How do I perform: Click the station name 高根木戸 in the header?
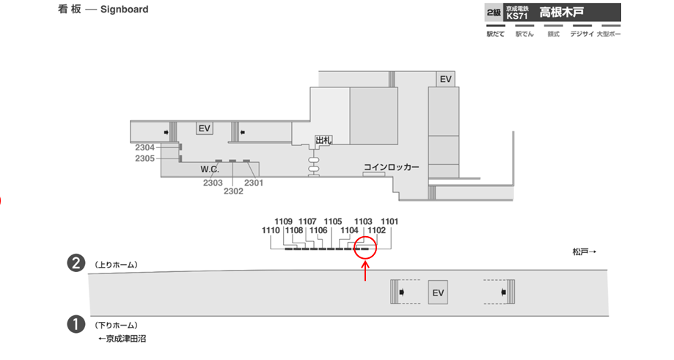(561, 12)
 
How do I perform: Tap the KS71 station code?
(517, 15)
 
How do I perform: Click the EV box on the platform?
(439, 293)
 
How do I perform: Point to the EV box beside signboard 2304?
(204, 128)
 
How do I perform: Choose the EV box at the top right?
(445, 78)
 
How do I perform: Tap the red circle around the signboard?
(365, 247)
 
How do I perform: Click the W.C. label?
(210, 169)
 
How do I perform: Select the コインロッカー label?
(392, 167)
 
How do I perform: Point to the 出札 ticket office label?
(323, 139)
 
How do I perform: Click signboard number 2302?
(233, 191)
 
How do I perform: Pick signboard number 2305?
(144, 158)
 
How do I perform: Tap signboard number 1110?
(271, 230)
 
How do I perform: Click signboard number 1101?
(389, 221)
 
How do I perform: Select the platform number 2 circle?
(75, 263)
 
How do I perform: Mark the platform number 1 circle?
(75, 324)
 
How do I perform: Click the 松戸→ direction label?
(585, 251)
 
